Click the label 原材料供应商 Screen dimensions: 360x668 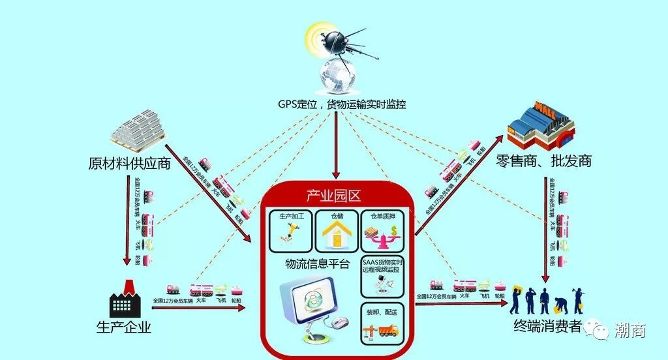tap(129, 163)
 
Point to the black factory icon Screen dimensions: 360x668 tap(126, 301)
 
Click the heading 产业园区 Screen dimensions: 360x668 tap(333, 196)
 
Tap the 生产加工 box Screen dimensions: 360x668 tap(291, 230)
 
